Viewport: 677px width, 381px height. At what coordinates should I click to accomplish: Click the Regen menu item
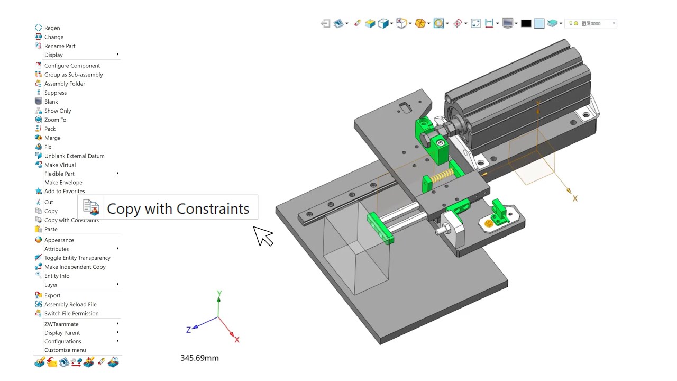[52, 28]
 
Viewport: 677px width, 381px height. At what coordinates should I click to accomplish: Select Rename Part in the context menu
[60, 46]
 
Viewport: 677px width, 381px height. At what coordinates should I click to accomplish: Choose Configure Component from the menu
[72, 66]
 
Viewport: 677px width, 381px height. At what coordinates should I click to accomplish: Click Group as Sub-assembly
[74, 75]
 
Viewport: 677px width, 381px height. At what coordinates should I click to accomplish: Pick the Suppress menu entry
[56, 93]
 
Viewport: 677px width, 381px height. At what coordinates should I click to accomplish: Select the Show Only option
[58, 111]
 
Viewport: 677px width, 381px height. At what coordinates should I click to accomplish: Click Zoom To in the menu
[55, 120]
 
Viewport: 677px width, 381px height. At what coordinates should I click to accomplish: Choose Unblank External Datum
[74, 156]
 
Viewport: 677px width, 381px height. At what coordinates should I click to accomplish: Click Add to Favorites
[65, 191]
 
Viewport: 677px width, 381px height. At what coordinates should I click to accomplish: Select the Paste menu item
[51, 229]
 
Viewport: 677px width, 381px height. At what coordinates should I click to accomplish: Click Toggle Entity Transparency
[77, 258]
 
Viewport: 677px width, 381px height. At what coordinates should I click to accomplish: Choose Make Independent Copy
[75, 267]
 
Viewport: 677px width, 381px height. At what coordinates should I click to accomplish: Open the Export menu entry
[52, 295]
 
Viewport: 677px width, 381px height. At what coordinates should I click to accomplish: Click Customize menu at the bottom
[65, 350]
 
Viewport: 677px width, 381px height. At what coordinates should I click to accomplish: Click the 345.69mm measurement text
[199, 358]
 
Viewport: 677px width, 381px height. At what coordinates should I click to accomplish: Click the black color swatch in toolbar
[526, 23]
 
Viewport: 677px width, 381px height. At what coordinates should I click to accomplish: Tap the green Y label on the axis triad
[219, 294]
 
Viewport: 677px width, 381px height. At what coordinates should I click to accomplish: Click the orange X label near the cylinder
[575, 199]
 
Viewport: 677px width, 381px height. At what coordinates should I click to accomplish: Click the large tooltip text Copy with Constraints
[178, 208]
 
